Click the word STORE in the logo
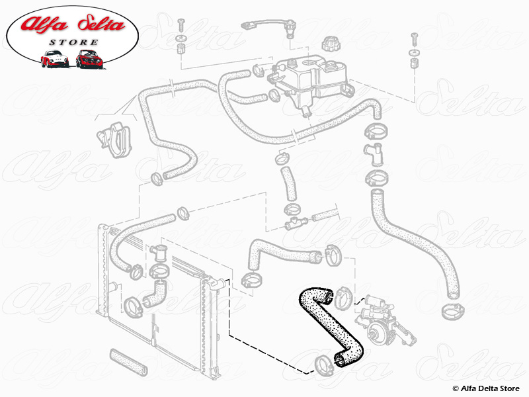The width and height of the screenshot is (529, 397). pyautogui.click(x=73, y=42)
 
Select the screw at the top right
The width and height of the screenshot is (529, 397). pyautogui.click(x=414, y=36)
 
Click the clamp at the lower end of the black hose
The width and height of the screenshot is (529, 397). pyautogui.click(x=324, y=362)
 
